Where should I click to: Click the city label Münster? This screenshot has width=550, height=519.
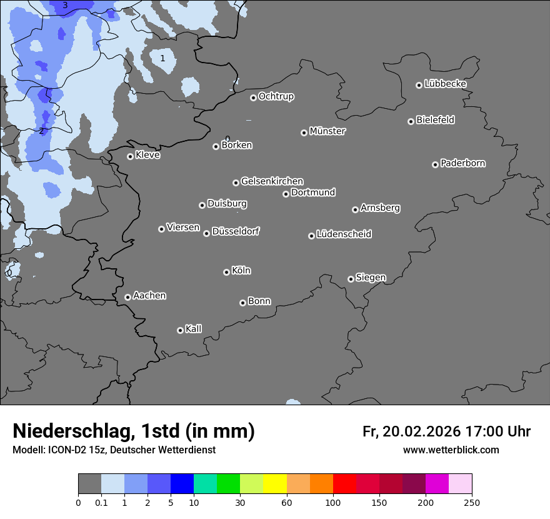point(327,131)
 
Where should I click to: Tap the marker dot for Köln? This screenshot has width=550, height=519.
point(226,272)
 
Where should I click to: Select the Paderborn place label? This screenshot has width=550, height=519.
point(462,163)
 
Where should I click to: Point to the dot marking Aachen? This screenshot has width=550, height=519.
point(127,297)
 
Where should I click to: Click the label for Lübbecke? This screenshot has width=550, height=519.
point(445,84)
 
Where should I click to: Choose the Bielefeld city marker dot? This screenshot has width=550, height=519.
point(411,121)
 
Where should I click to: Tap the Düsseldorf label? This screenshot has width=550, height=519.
point(235,231)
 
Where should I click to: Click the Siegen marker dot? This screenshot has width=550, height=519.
point(351,279)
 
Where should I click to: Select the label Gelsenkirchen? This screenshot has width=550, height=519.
point(272,181)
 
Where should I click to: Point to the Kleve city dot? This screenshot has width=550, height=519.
point(130,156)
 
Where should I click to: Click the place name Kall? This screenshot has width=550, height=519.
point(193,329)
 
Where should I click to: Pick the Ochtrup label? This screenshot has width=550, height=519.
point(276,96)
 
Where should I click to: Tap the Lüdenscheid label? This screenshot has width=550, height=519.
point(344,234)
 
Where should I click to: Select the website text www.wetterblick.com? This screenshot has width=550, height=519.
point(451,450)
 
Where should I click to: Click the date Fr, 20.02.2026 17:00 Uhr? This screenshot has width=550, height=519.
point(446,431)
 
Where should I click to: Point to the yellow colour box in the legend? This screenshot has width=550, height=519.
point(275,484)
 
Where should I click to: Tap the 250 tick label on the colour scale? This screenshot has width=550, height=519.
point(472,502)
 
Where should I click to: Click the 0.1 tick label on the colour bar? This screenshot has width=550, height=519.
point(101,502)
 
